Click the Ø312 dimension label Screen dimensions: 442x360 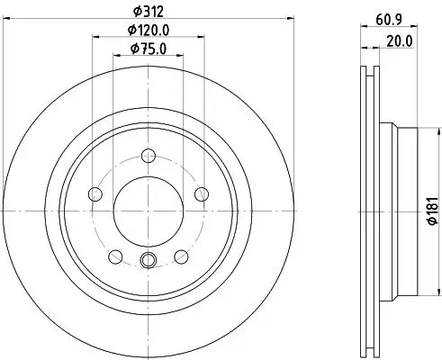point(149,12)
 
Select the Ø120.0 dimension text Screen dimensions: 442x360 point(149,30)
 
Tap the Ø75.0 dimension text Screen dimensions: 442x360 point(149,49)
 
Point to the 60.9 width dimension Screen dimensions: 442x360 point(389,20)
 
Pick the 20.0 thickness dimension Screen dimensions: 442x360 point(400,41)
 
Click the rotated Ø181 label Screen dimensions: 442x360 point(433,211)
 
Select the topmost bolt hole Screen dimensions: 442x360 point(149,156)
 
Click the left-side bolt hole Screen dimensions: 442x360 point(95,194)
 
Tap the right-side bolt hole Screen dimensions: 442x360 point(202,194)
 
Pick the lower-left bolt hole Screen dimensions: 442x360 point(115,256)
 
